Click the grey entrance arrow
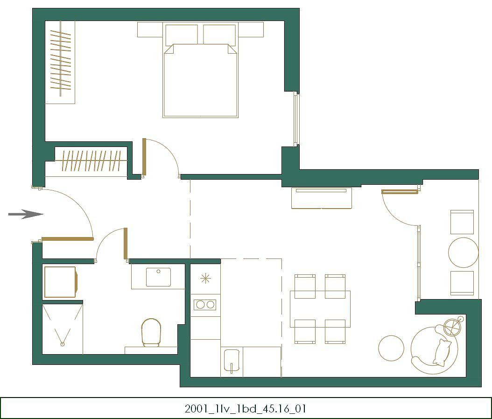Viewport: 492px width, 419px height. (x=26, y=214)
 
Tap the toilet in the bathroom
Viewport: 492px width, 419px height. (x=151, y=332)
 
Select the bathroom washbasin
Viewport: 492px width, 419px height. (x=158, y=277)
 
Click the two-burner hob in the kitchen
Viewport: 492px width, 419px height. (x=205, y=305)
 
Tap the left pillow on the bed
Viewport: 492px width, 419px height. (x=182, y=34)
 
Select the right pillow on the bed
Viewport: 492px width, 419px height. (x=219, y=34)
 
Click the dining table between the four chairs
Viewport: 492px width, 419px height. (x=320, y=309)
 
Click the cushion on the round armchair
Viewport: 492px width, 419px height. (x=442, y=352)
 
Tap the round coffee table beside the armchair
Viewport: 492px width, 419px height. (x=391, y=348)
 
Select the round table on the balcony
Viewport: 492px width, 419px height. (x=463, y=252)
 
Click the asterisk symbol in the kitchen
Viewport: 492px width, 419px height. (x=205, y=278)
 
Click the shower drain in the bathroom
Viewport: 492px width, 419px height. (x=63, y=344)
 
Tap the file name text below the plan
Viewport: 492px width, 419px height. (x=246, y=409)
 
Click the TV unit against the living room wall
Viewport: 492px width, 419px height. (x=321, y=198)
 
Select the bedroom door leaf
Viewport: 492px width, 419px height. (x=144, y=157)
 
